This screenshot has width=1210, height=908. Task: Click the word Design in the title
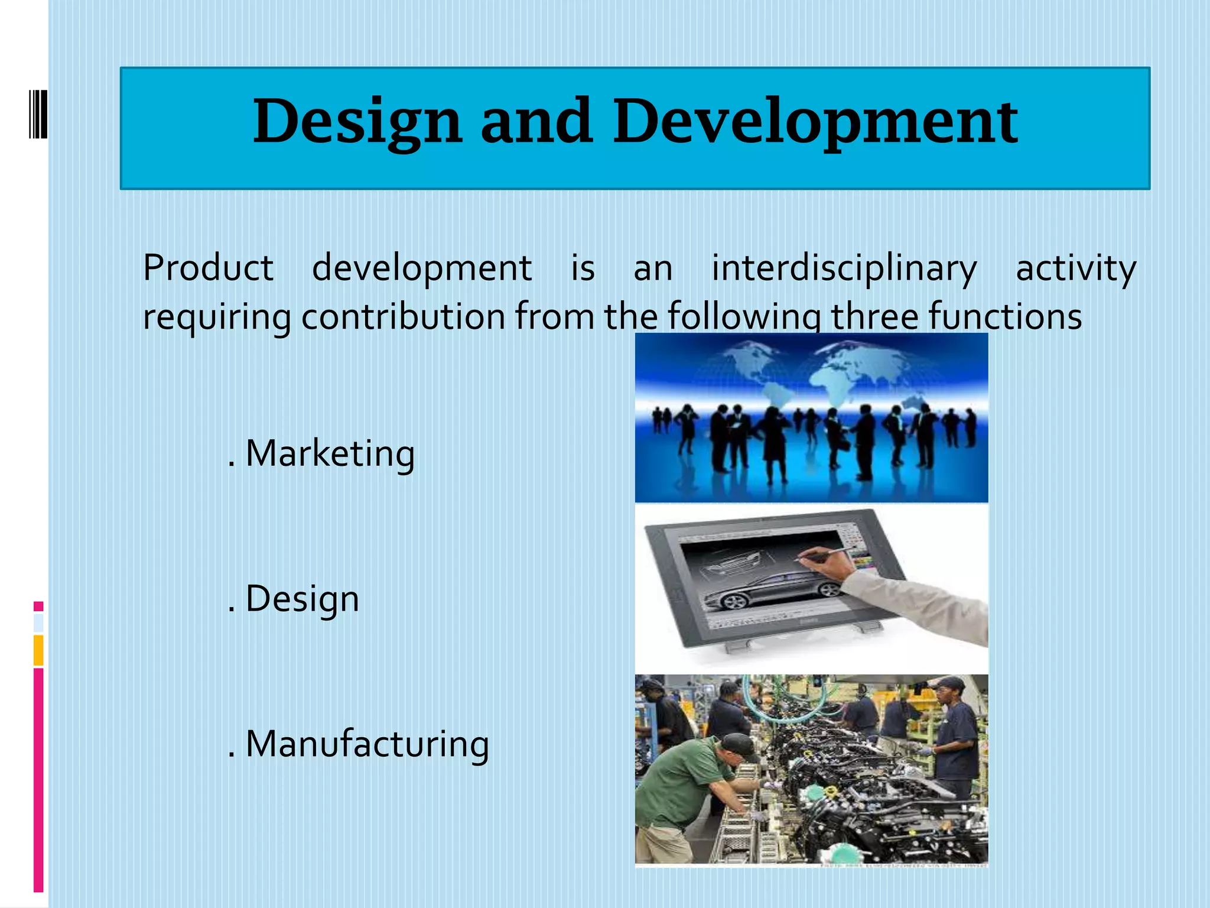point(357,122)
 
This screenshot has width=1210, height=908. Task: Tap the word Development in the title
point(815,122)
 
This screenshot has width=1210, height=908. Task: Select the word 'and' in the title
point(536,121)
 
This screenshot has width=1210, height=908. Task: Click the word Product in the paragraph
point(208,268)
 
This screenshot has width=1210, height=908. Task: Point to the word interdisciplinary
point(844,268)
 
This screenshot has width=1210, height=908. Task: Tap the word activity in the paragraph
point(1075,268)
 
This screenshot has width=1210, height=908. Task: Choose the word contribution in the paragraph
point(403,316)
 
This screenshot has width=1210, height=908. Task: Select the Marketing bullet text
point(329,454)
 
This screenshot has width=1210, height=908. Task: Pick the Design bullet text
point(301,599)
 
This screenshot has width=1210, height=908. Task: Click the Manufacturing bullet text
point(366,744)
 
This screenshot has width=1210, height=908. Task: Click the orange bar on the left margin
point(38,650)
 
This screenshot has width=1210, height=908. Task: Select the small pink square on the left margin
point(38,606)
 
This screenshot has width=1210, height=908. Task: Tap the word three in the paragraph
point(874,316)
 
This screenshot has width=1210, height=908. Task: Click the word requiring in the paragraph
point(217,316)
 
